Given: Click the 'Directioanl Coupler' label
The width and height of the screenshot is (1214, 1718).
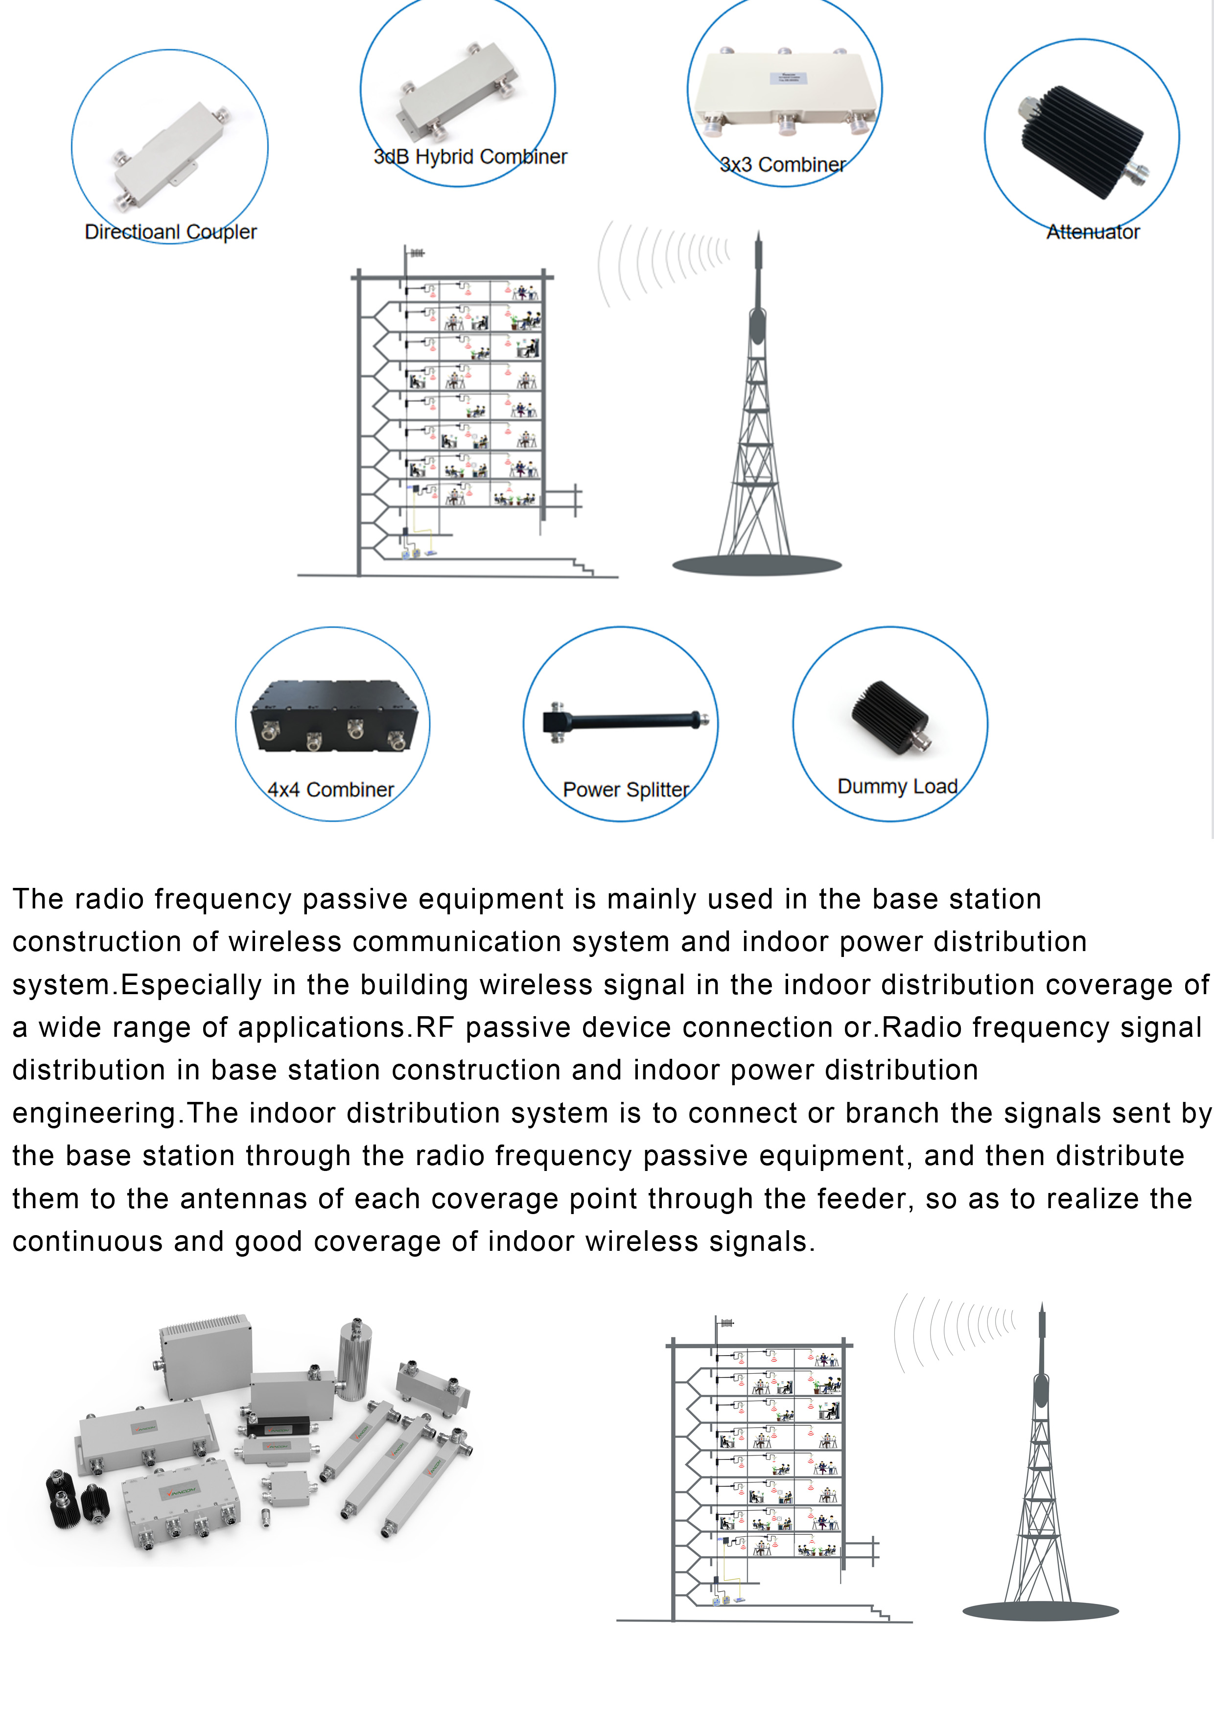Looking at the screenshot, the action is click(170, 232).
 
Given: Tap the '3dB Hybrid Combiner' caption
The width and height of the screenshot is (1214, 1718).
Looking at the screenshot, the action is click(470, 157).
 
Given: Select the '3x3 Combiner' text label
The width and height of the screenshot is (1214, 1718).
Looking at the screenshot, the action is click(782, 165).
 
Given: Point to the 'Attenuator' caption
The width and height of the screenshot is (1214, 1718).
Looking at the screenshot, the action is click(1093, 232).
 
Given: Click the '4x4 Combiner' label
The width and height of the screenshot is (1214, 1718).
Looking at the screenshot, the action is click(330, 789).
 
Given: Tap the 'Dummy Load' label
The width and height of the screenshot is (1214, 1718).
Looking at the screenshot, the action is click(897, 787).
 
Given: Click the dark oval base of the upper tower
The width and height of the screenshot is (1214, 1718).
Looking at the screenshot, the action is click(757, 565).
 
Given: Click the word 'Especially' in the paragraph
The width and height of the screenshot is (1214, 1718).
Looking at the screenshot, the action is click(191, 985).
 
